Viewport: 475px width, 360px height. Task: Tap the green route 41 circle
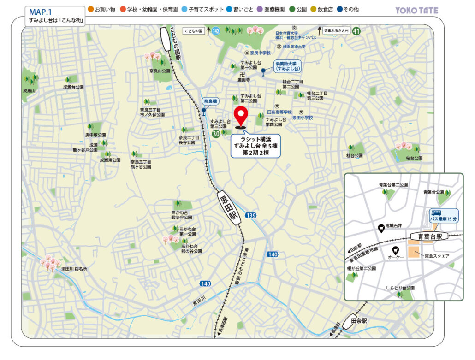pyautogui.click(x=356, y=31)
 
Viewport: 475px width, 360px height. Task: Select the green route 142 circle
pyautogui.click(x=216, y=31)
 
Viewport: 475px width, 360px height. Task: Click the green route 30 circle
pyautogui.click(x=215, y=134)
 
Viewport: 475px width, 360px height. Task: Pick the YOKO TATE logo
pyautogui.click(x=417, y=10)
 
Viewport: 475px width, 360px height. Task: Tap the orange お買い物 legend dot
pyautogui.click(x=90, y=9)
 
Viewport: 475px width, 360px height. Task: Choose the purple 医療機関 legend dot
pyautogui.click(x=260, y=9)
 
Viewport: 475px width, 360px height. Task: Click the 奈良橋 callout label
pyautogui.click(x=211, y=100)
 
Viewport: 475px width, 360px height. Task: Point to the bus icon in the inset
pyautogui.click(x=436, y=213)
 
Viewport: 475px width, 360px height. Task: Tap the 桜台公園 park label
pyautogui.click(x=414, y=158)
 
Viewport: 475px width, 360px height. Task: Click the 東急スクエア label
pyautogui.click(x=437, y=256)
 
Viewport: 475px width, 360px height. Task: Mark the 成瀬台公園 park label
pyautogui.click(x=73, y=87)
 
